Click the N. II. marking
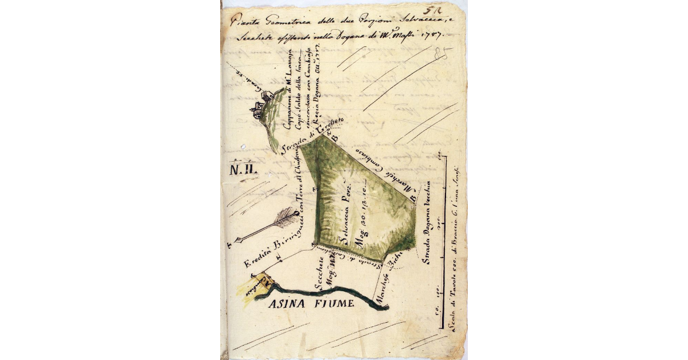pos(244,170)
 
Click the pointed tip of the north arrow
pos(237,240)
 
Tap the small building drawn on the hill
pos(258,109)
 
